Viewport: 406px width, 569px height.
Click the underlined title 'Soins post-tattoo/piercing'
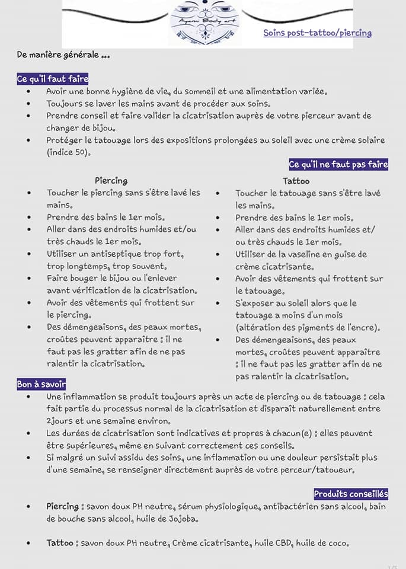point(317,33)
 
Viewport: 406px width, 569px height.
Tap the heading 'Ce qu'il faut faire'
point(53,79)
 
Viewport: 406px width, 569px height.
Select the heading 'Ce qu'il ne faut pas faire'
point(338,164)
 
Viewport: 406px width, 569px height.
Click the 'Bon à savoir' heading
point(41,385)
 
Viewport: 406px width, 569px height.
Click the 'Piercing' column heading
point(111,181)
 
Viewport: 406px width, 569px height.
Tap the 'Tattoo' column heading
point(296,181)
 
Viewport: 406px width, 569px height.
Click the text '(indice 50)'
point(69,152)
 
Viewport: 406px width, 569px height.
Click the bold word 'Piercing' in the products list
point(62,507)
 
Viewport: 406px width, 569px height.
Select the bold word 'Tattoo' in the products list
point(59,543)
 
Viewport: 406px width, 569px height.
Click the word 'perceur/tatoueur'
point(318,470)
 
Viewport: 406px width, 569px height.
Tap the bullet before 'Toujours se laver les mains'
point(28,104)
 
